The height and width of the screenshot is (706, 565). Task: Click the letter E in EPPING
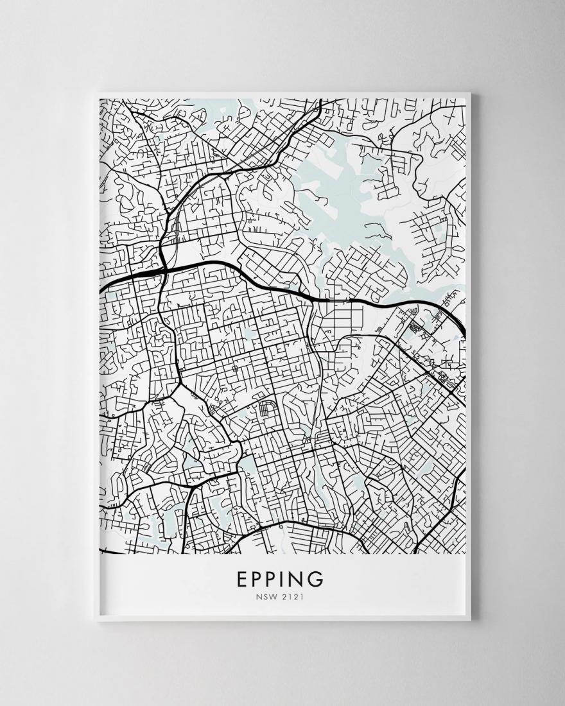[x=243, y=580]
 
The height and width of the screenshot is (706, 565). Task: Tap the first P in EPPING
[x=259, y=580]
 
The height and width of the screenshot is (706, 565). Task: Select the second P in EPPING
[x=277, y=580]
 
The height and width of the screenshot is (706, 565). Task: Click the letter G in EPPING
[x=318, y=580]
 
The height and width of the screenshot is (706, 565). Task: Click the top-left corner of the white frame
[x=94, y=94]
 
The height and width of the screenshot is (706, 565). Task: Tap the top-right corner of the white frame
[x=471, y=94]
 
